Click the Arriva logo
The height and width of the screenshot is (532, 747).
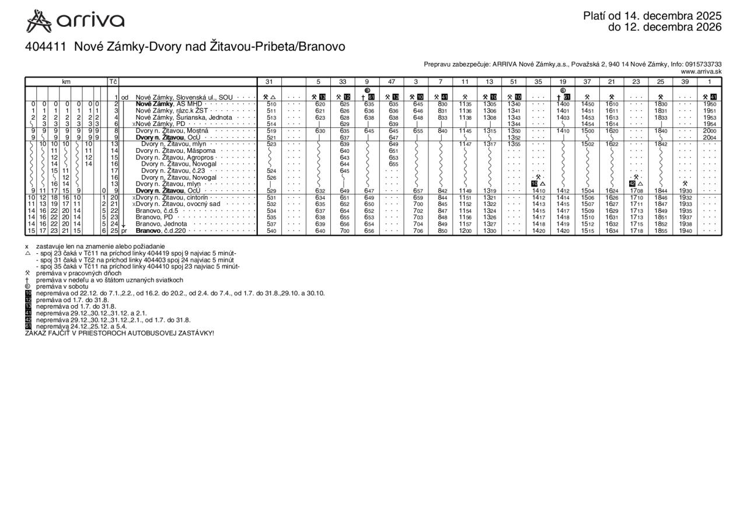coord(75,22)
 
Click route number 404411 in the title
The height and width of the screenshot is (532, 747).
coord(47,47)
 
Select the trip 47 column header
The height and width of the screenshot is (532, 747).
coord(392,82)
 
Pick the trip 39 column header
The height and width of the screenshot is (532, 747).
coord(685,82)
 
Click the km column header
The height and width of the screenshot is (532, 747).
coord(66,82)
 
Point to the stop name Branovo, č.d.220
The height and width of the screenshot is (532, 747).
coord(160,231)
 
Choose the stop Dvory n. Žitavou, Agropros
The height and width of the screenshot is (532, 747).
coord(175,157)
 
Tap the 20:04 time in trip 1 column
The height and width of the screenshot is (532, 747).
coord(710,138)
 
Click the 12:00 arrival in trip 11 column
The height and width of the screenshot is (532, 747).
coord(465,231)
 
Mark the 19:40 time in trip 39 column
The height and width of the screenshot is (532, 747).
coord(685,231)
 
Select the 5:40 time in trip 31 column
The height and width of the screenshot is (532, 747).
coord(271,231)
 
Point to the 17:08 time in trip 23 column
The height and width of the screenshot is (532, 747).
coord(636,191)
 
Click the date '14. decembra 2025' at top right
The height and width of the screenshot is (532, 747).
coord(671,16)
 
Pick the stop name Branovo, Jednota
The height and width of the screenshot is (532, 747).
coord(161,224)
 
